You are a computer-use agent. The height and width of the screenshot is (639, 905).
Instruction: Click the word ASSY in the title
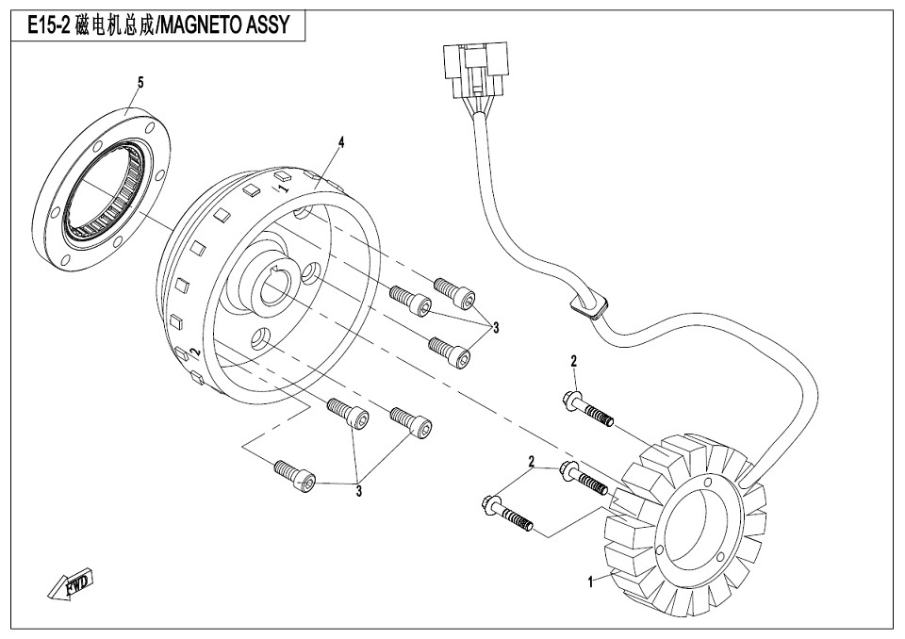(280, 27)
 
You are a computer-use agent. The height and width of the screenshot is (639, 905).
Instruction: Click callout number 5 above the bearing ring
(140, 83)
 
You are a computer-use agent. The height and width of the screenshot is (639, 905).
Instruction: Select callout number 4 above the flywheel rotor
(341, 142)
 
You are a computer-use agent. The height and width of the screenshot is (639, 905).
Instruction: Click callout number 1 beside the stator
(591, 582)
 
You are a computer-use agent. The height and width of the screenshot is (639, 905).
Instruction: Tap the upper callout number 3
(495, 327)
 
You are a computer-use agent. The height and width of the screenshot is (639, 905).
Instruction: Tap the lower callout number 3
(359, 490)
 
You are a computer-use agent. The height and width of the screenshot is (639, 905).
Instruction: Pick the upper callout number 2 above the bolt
(573, 362)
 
